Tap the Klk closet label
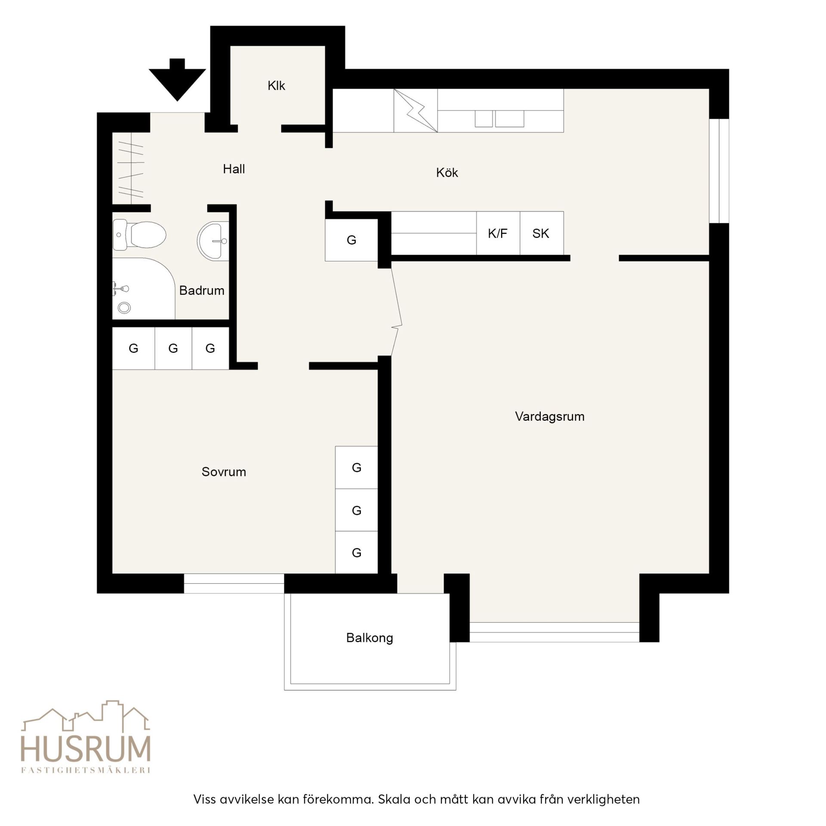[x=276, y=86]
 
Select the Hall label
[x=234, y=169]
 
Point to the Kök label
[x=447, y=173]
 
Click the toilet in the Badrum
[x=139, y=235]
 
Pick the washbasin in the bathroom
[x=213, y=240]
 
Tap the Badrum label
[x=202, y=290]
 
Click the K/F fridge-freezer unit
[x=498, y=233]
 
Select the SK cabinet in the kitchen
[x=542, y=233]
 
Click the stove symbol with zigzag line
[x=416, y=111]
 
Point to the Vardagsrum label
[x=550, y=416]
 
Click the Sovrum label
[x=224, y=472]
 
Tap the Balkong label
[x=370, y=638]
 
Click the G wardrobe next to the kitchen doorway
[x=351, y=240]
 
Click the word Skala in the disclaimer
[x=394, y=799]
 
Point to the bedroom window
[x=234, y=584]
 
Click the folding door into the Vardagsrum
[x=396, y=312]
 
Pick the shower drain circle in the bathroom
[x=124, y=308]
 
